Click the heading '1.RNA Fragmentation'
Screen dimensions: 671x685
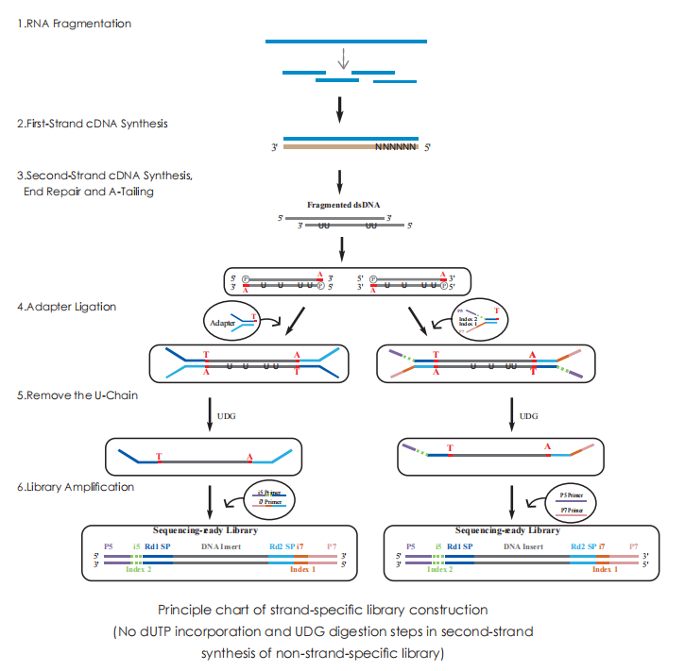pyautogui.click(x=75, y=23)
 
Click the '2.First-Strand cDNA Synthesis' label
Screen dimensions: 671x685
pyautogui.click(x=94, y=124)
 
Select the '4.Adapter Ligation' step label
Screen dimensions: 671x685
pyautogui.click(x=62, y=307)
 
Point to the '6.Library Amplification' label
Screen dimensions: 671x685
pyautogui.click(x=75, y=487)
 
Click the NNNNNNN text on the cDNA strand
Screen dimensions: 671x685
pyautogui.click(x=395, y=147)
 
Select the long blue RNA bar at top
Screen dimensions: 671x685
pyautogui.click(x=345, y=42)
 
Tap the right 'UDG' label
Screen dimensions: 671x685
pyautogui.click(x=530, y=414)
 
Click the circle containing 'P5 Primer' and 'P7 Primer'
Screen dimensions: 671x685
pyautogui.click(x=563, y=500)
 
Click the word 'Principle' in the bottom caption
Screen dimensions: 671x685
pyautogui.click(x=183, y=609)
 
